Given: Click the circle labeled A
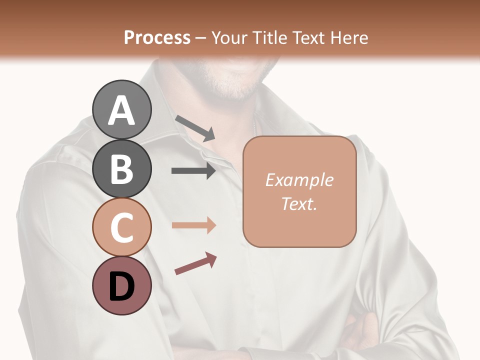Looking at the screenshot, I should click(x=121, y=109).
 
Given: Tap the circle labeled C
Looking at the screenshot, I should click(x=121, y=227).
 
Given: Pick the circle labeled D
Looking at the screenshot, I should click(x=121, y=285).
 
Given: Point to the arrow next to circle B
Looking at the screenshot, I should click(x=193, y=171).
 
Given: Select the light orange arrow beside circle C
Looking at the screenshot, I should click(x=193, y=225).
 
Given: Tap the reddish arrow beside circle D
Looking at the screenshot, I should click(x=195, y=263).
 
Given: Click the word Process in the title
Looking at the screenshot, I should click(x=157, y=37).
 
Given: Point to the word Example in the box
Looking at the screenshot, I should click(x=299, y=180).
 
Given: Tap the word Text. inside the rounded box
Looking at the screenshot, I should click(x=299, y=203).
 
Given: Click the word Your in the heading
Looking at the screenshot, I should click(x=228, y=37).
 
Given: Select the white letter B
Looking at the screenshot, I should click(x=121, y=169).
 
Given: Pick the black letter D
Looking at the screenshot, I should click(x=121, y=286).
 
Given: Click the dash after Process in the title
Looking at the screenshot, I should click(x=201, y=38).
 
